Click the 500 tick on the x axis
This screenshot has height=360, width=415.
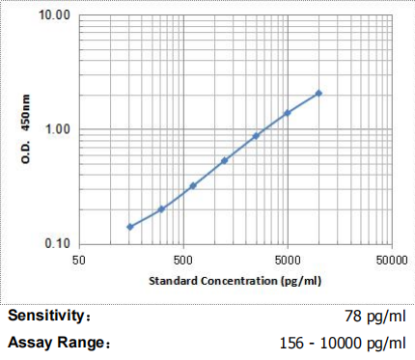point(183,261)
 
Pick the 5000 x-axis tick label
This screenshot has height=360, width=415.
point(287,261)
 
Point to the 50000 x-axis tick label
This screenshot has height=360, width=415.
point(389,261)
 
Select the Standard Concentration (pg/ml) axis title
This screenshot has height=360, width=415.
point(235,281)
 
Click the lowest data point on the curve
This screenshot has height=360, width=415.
point(129,227)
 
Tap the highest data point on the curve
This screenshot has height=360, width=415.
point(318,94)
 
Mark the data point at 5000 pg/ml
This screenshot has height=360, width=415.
point(287,113)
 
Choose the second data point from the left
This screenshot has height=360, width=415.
point(161,208)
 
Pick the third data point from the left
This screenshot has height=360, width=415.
point(193,185)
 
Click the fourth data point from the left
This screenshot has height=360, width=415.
point(224,160)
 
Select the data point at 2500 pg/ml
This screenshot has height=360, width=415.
point(256,136)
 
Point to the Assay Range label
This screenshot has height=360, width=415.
point(57,343)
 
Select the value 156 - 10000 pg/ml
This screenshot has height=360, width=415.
point(342,343)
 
